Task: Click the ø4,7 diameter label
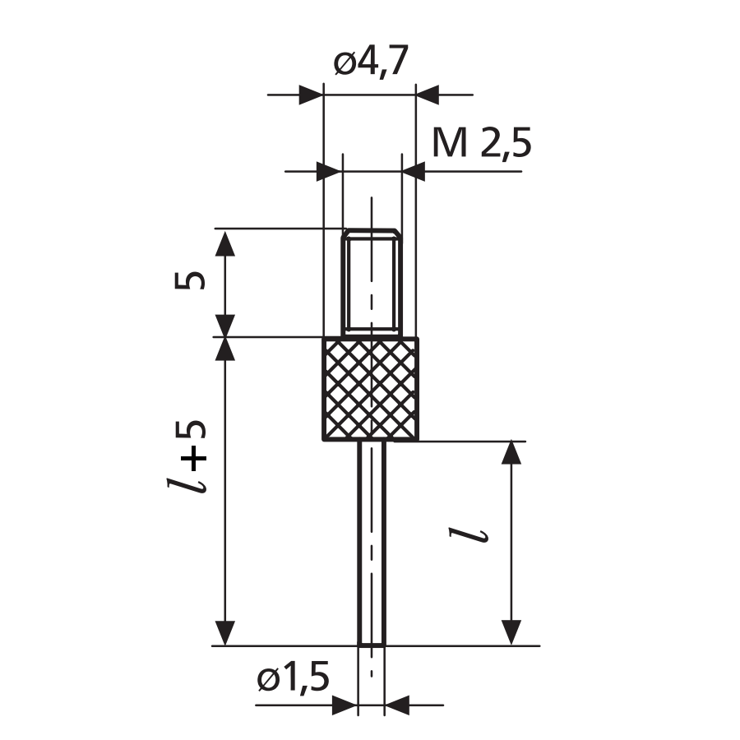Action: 371,62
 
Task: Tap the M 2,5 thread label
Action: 482,143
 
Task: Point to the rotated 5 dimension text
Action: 190,281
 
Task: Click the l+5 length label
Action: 187,456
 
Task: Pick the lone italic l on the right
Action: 469,535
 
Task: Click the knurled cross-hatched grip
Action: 371,389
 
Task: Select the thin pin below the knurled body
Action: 372,543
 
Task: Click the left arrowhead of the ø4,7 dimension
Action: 312,95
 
